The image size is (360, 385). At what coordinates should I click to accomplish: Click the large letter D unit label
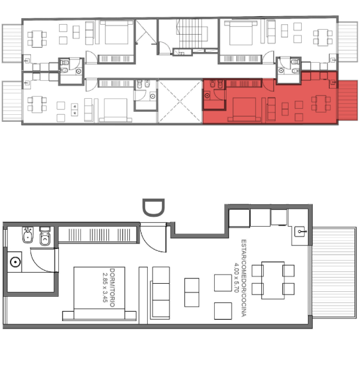click(x=153, y=208)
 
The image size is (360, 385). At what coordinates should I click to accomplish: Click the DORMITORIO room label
click(x=112, y=288)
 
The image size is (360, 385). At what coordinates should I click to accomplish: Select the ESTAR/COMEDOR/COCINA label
click(x=243, y=278)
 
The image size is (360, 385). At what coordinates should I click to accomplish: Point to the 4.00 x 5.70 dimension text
click(x=236, y=278)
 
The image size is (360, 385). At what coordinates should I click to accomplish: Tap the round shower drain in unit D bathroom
click(x=16, y=262)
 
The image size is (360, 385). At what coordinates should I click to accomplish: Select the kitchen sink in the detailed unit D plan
click(x=300, y=232)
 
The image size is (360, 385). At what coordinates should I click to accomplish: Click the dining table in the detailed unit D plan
click(x=273, y=280)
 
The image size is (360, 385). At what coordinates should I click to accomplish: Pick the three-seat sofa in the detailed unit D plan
click(x=161, y=293)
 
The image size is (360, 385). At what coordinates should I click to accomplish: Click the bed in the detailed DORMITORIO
click(x=99, y=294)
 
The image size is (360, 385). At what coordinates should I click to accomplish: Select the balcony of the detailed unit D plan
click(x=334, y=273)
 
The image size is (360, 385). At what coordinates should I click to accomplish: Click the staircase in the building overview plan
click(x=191, y=34)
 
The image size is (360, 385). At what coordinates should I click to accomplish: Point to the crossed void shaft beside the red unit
click(x=181, y=101)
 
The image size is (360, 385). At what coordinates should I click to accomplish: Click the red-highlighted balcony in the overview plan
click(x=348, y=100)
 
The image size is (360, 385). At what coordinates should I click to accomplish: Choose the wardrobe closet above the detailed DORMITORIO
click(x=97, y=235)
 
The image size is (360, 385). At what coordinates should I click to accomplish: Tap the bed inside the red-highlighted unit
click(x=244, y=109)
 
